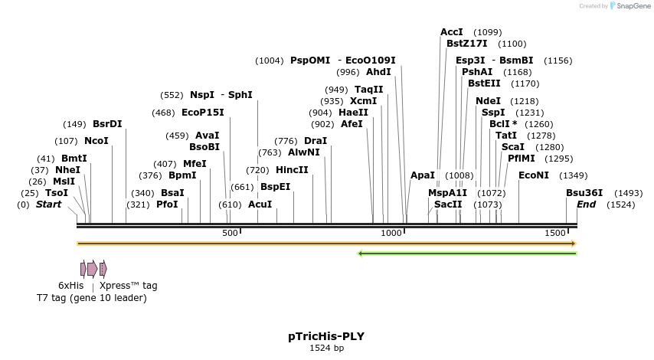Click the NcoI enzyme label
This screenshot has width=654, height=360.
click(96, 141)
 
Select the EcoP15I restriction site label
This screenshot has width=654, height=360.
click(203, 113)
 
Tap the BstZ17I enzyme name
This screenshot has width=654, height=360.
click(467, 44)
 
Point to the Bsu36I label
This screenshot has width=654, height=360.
click(584, 193)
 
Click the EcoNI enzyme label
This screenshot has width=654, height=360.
click(534, 175)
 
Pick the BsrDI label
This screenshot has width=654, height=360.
click(107, 124)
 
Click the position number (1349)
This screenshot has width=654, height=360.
click(574, 175)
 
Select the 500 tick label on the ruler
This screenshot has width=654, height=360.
click(230, 233)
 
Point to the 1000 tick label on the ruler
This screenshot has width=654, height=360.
click(391, 233)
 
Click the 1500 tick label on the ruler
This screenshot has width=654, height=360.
click(555, 233)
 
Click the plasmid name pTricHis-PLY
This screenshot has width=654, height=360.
click(326, 336)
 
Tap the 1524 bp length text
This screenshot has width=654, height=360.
click(326, 349)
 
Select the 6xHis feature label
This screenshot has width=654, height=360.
click(70, 286)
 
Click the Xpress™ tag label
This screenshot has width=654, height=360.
click(128, 286)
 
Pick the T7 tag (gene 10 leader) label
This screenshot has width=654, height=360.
click(92, 297)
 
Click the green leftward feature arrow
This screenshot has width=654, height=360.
click(467, 254)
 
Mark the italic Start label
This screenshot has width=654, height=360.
click(48, 205)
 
